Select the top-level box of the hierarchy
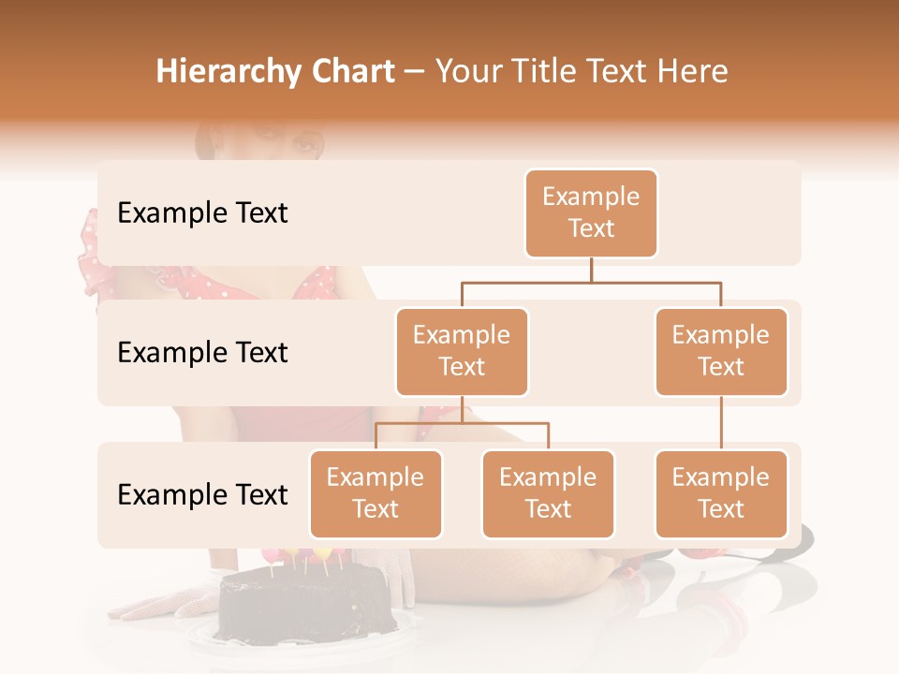591,213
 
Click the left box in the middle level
462,352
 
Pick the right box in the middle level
721,352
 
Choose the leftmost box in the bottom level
376,494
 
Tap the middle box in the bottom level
548,494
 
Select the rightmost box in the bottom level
721,494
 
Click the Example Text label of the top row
202,213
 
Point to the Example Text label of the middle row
202,353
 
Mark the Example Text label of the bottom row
202,494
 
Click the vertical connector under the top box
591,270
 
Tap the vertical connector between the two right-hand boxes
721,423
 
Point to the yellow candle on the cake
290,555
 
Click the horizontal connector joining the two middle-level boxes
591,282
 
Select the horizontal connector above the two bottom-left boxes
462,423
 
